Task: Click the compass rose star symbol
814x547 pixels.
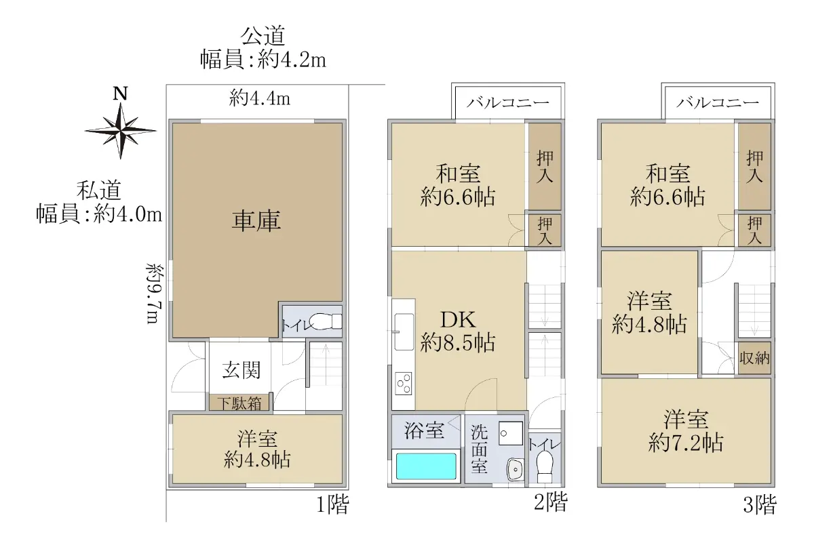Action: point(121,131)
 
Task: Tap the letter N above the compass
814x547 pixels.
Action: point(120,94)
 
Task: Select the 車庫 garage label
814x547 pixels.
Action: point(256,221)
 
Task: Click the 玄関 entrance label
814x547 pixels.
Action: point(241,370)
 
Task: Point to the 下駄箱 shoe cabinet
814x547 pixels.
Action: point(239,403)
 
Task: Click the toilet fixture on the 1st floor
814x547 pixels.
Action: point(326,321)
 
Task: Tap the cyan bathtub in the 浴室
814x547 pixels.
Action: point(426,466)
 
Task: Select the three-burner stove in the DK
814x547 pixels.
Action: point(404,384)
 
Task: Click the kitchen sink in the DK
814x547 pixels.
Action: point(404,331)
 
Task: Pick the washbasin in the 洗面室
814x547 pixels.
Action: point(516,469)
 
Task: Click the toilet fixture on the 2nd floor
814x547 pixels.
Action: point(545,467)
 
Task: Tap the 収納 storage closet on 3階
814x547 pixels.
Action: point(754,358)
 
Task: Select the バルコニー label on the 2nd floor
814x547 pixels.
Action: point(507,103)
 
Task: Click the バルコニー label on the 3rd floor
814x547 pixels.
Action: point(718,103)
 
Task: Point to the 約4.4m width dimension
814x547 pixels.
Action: point(259,98)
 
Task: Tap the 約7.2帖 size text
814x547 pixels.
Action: point(686,443)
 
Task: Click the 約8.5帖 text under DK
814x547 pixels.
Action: point(458,342)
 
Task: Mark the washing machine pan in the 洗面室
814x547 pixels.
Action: point(511,433)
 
